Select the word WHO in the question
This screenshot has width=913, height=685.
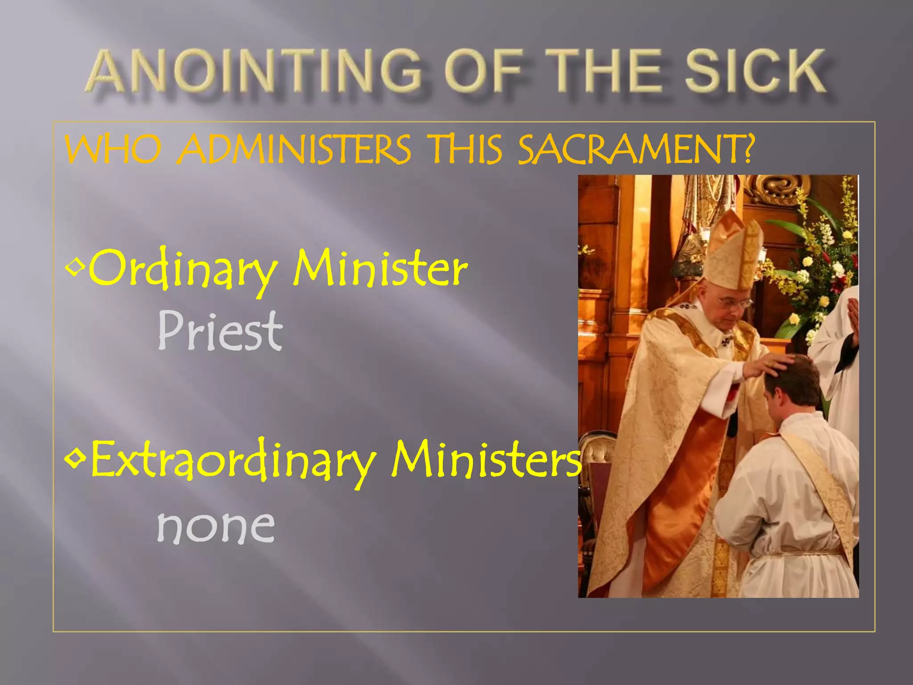(114, 149)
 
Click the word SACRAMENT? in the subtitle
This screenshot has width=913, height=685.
(635, 149)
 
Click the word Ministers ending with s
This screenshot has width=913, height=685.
(486, 459)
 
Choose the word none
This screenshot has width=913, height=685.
(216, 526)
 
